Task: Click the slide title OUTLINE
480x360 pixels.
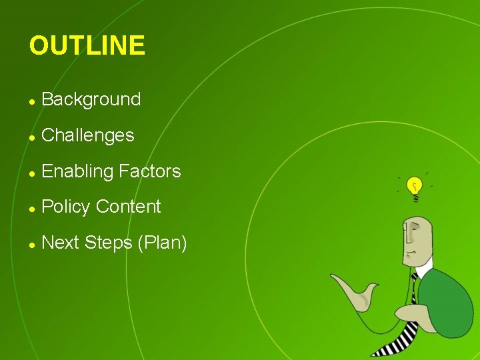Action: [87, 46]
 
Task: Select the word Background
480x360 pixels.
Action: [91, 100]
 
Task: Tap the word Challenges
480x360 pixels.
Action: [88, 136]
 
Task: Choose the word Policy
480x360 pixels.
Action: [65, 207]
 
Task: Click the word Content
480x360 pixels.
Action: [128, 207]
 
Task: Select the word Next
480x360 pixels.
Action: [60, 243]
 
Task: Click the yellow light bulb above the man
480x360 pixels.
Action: [415, 186]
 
